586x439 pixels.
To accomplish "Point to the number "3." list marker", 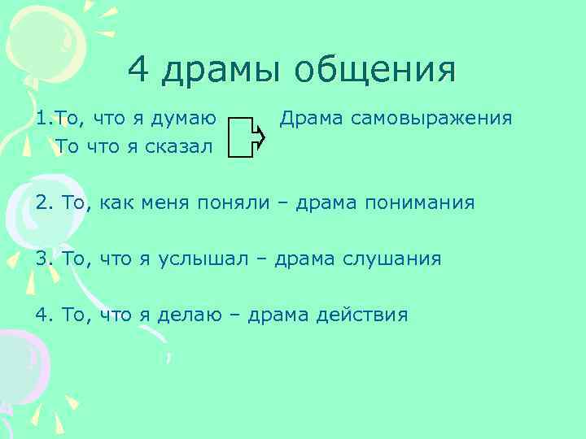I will pyautogui.click(x=45, y=259).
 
